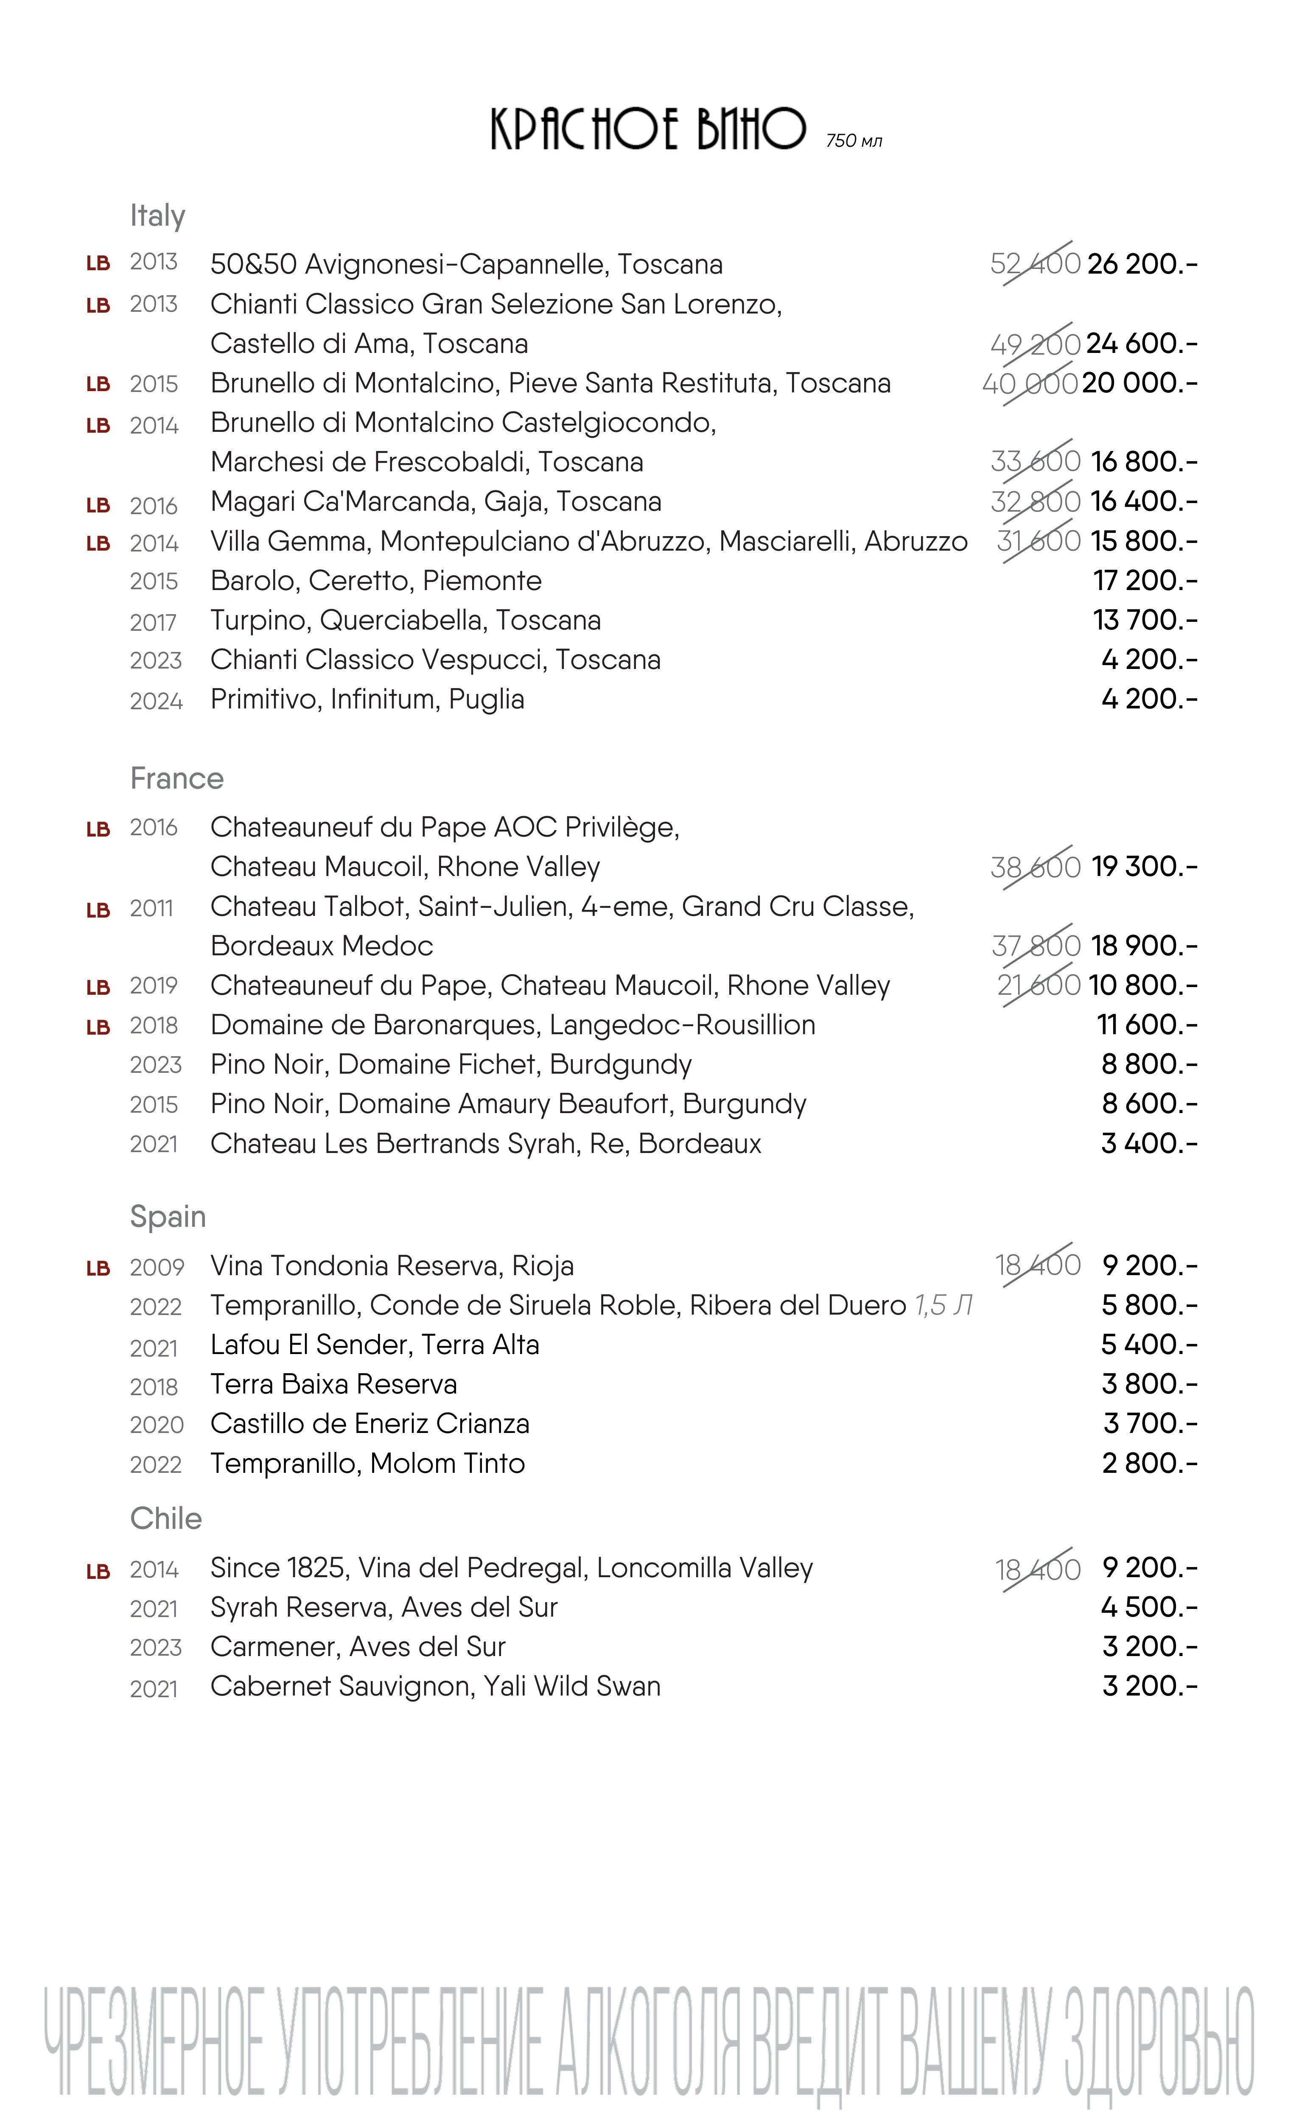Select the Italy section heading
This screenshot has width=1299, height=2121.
coord(157,215)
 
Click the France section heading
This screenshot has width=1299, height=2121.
coord(176,778)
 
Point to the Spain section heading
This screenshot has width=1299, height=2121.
coord(168,1216)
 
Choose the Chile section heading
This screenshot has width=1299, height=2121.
coord(165,1519)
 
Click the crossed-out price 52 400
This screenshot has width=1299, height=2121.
coord(1035,263)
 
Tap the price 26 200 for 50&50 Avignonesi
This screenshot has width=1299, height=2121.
coord(1142,263)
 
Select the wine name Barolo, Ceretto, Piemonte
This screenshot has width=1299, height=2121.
coord(376,581)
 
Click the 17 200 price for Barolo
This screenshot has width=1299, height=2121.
coord(1145,581)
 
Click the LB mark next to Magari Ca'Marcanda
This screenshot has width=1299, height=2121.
coord(98,505)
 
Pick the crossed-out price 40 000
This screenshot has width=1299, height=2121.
coord(1030,383)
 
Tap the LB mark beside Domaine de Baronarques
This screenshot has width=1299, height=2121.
coord(98,1027)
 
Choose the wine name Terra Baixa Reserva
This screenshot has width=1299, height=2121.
coord(333,1384)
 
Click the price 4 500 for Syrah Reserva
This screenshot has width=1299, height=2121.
coord(1148,1607)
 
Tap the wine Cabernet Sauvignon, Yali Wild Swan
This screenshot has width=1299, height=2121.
coord(435,1686)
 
